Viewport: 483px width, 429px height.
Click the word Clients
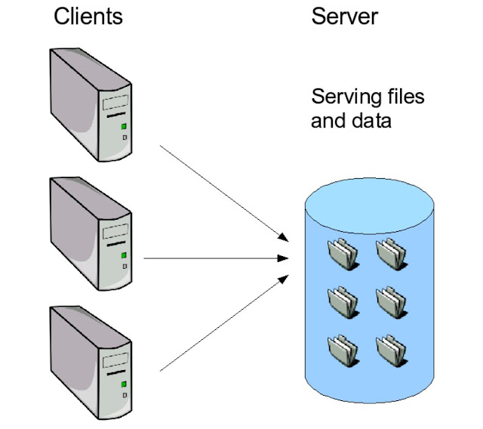click(88, 17)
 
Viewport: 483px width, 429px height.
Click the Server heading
click(344, 17)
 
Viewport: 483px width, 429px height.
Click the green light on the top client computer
click(124, 126)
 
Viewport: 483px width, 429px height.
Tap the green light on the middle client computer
click(124, 255)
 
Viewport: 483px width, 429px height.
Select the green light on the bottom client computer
click(124, 384)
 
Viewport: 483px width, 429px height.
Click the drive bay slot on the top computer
click(115, 102)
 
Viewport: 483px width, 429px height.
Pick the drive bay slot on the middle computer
click(115, 231)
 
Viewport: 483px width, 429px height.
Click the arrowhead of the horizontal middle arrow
click(282, 258)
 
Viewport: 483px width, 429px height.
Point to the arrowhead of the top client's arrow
click(283, 237)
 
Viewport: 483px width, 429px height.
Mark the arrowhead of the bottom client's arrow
click(283, 279)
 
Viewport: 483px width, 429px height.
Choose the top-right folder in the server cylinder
click(392, 255)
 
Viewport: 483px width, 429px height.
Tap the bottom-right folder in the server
click(392, 351)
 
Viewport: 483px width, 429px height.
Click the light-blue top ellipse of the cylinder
click(369, 205)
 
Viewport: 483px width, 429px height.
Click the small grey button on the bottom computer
click(125, 396)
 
